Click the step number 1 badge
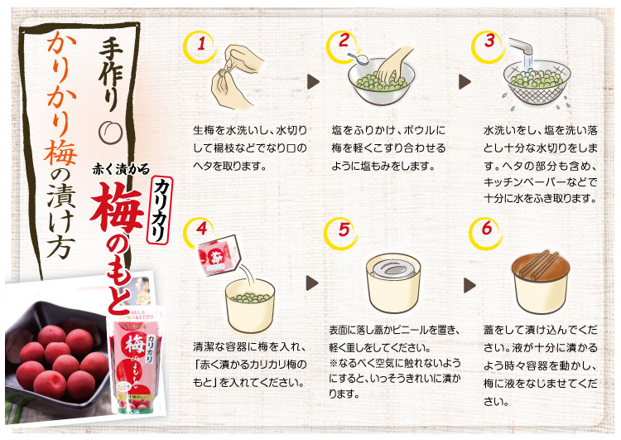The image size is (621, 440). pos(197,46)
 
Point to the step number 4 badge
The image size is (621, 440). pos(197,231)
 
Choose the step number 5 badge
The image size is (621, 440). pos(343,231)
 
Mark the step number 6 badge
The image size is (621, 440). pos(488,231)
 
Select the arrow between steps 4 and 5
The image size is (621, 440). pos(313,283)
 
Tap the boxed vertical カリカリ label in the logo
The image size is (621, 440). pos(161,208)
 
